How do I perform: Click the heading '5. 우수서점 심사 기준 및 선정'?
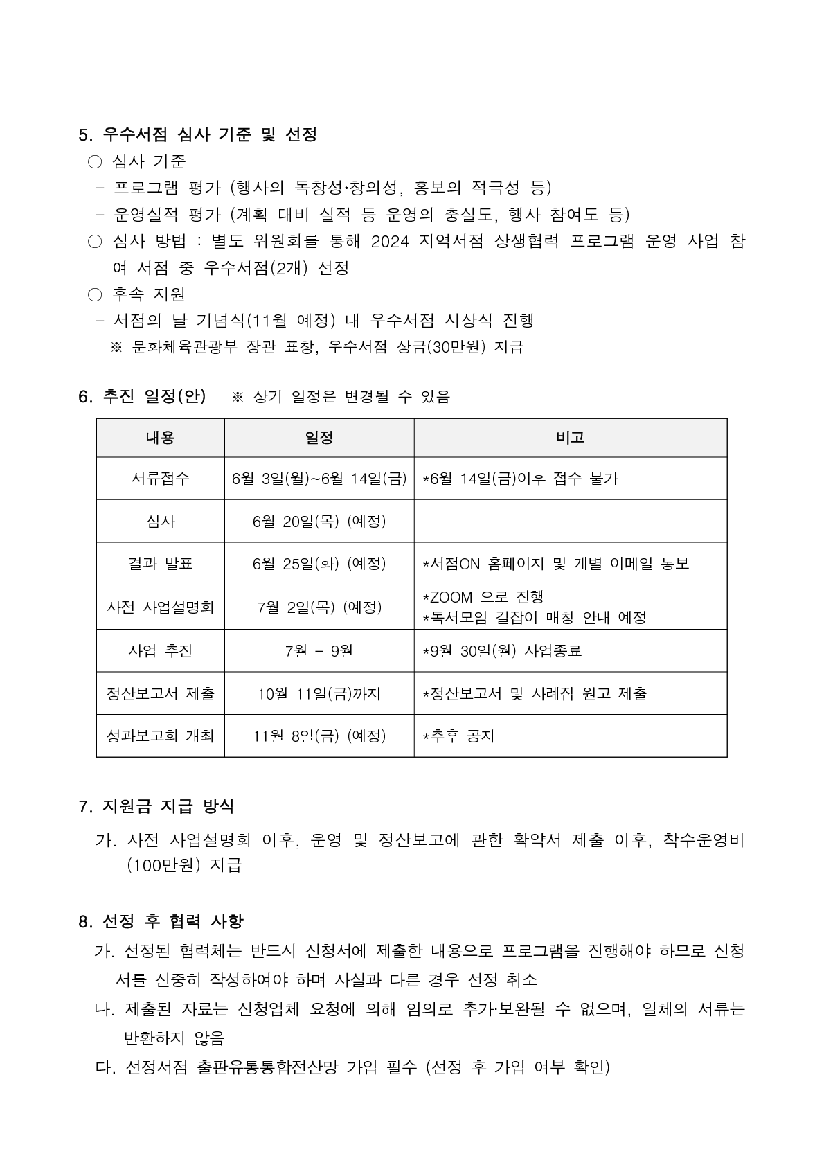point(198,134)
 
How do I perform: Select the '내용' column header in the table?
point(160,438)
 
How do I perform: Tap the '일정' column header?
point(319,438)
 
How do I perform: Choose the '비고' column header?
point(570,438)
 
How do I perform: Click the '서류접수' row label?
point(160,479)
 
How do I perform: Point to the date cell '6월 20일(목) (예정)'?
point(319,522)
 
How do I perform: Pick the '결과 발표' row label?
point(160,564)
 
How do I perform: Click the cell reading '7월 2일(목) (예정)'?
point(319,607)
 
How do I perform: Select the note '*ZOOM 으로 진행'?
point(483,597)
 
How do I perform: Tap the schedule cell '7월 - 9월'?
point(319,651)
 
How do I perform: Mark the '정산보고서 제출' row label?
point(160,693)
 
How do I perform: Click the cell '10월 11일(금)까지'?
point(319,693)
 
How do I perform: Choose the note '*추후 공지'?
point(459,736)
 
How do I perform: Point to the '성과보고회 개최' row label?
point(160,736)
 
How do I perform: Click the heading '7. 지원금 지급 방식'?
point(156,806)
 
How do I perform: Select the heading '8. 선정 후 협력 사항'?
point(161,921)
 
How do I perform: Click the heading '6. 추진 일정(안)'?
point(142,396)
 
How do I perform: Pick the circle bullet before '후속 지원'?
point(95,295)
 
